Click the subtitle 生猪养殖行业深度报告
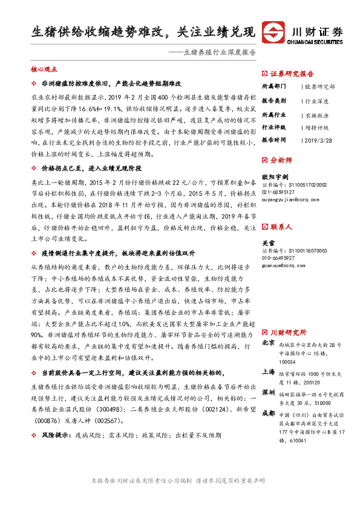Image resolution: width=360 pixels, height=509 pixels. (x=219, y=53)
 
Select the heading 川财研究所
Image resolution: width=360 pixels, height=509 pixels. (x=288, y=332)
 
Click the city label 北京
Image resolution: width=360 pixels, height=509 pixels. (x=268, y=343)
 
